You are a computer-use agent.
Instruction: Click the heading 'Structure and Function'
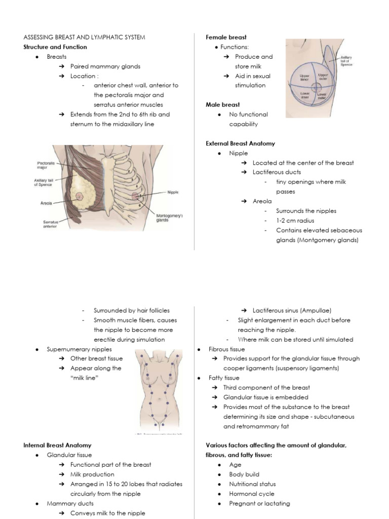[55, 47]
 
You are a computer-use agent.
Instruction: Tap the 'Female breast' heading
[226, 38]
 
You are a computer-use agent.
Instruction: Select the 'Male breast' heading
[222, 105]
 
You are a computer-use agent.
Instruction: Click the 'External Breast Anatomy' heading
[240, 143]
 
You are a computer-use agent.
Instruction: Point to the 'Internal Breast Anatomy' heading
[57, 445]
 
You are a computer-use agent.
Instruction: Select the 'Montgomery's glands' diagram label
[170, 217]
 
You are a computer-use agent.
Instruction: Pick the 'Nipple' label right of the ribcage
[172, 193]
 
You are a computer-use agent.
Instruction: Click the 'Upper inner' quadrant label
[305, 77]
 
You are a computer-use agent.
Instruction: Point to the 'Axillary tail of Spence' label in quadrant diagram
[346, 61]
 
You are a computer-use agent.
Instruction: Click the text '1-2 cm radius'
[296, 220]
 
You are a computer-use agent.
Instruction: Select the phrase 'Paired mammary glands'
[105, 66]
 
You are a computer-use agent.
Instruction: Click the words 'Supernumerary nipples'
[79, 349]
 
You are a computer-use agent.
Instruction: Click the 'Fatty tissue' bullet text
[224, 378]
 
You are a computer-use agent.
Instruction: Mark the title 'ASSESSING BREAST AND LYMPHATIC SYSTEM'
[84, 38]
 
